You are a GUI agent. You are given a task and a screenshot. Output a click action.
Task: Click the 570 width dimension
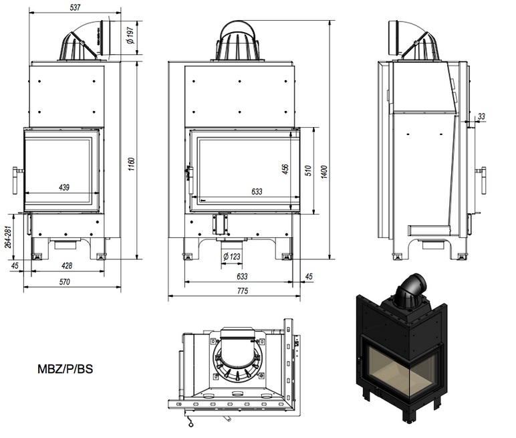[x=64, y=282]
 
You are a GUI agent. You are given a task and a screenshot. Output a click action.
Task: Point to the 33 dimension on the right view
[x=481, y=116]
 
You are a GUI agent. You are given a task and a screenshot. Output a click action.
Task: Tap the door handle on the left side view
[x=15, y=179]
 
